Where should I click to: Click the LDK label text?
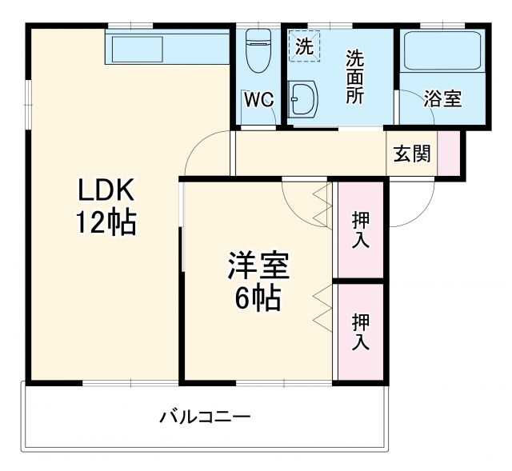[x=107, y=192]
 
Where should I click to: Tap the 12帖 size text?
[x=106, y=222]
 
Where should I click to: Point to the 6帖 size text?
[x=257, y=297]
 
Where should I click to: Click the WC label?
[x=258, y=100]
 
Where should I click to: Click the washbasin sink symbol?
[x=303, y=99]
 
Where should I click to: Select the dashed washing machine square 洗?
[x=304, y=46]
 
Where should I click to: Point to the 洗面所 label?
[x=354, y=78]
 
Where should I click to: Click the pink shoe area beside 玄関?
[x=449, y=152]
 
